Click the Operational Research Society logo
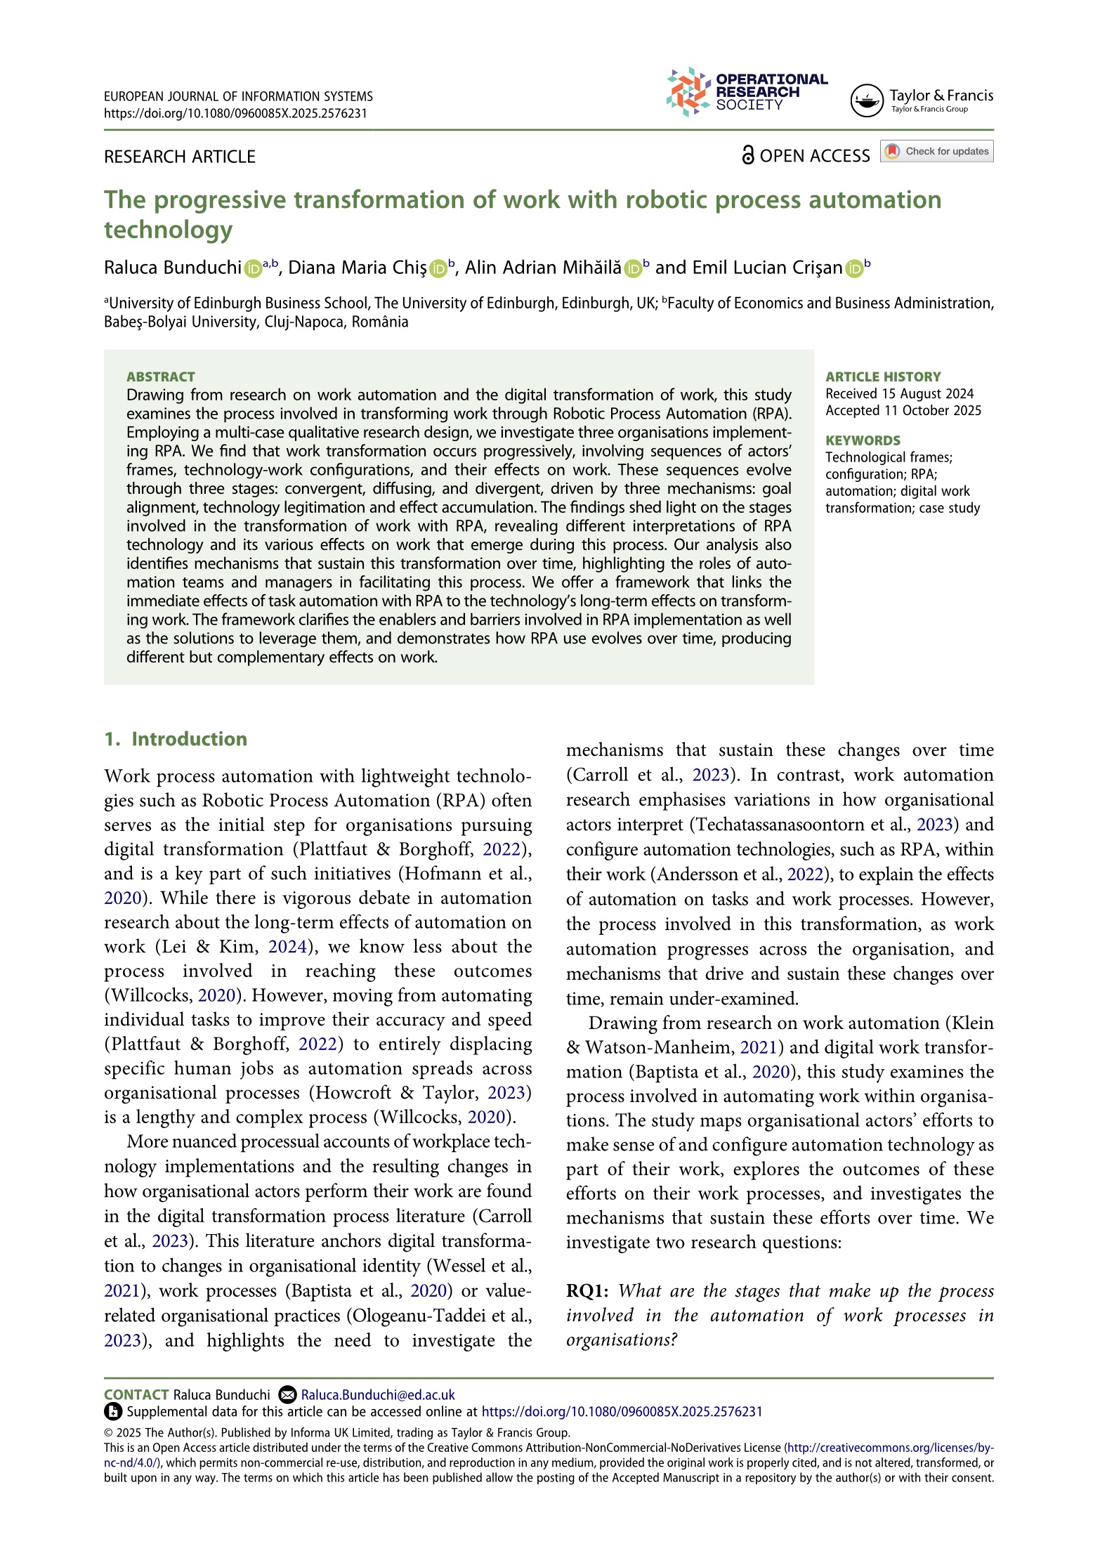coord(746,92)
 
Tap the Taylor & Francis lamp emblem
coord(866,100)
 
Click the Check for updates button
coord(937,151)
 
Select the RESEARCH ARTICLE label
coord(180,157)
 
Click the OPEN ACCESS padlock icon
coord(748,155)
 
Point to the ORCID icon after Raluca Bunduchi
coord(253,268)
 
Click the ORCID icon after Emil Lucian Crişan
coord(854,268)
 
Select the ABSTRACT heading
coord(161,376)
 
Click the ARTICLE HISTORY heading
coord(883,376)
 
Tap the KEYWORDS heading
coord(863,440)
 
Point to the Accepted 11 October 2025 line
coord(903,410)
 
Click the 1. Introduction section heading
coord(176,739)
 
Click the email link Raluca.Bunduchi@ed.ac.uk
coord(378,1395)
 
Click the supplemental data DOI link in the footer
coord(622,1412)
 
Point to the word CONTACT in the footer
coord(136,1395)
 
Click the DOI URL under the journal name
coord(235,114)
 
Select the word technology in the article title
coord(169,230)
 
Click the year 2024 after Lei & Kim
coord(287,947)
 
